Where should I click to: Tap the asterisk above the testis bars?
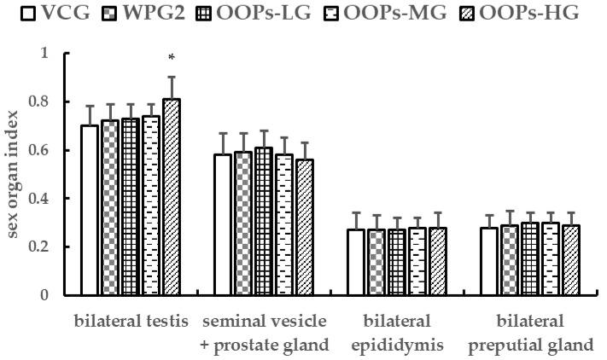172,58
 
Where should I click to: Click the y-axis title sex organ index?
15,174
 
